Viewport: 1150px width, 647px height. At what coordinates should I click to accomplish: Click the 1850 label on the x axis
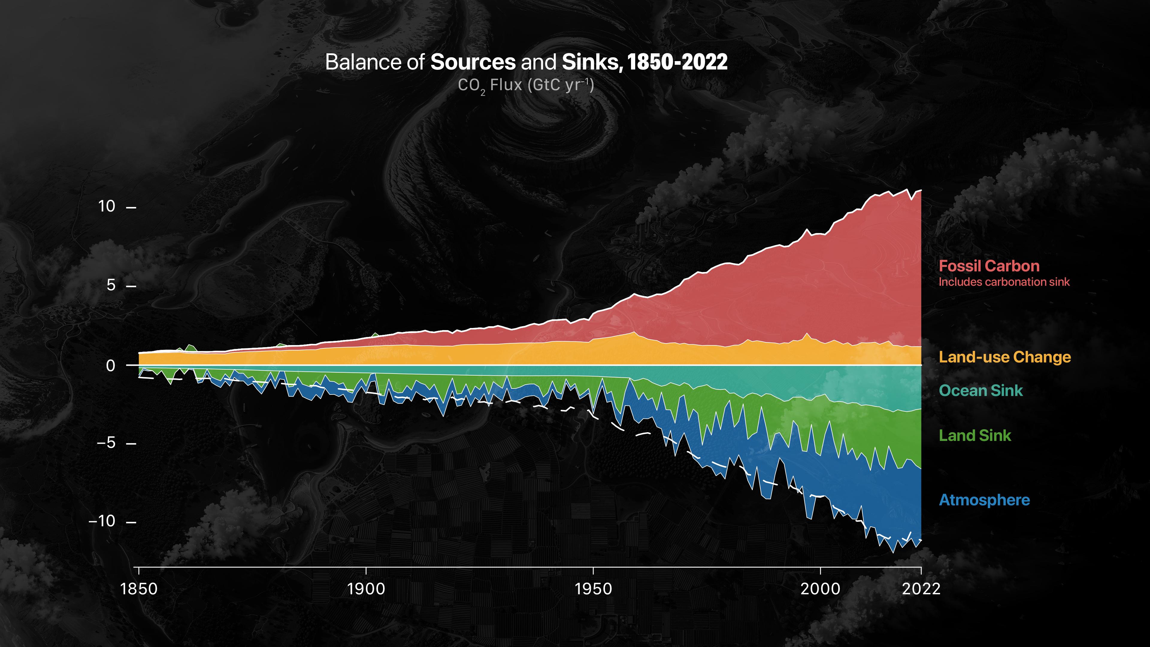click(139, 589)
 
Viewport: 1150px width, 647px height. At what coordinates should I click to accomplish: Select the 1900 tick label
click(366, 589)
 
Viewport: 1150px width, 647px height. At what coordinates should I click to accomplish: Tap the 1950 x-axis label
click(593, 589)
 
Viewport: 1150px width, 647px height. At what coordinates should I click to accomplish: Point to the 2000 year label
click(821, 589)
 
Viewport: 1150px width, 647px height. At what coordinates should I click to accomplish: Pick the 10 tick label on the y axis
click(107, 206)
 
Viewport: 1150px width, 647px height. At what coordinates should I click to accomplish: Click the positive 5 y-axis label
click(111, 285)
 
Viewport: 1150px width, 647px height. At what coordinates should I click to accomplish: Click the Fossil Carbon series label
click(989, 266)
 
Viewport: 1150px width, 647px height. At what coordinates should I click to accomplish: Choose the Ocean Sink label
click(981, 391)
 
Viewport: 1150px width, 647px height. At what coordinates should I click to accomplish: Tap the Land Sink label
click(975, 435)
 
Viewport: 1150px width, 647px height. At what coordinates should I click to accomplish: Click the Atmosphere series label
click(984, 500)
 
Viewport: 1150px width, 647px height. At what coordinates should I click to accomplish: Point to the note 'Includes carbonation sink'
click(1004, 282)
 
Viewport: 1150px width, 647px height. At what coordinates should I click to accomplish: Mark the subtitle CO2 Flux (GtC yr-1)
click(526, 86)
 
